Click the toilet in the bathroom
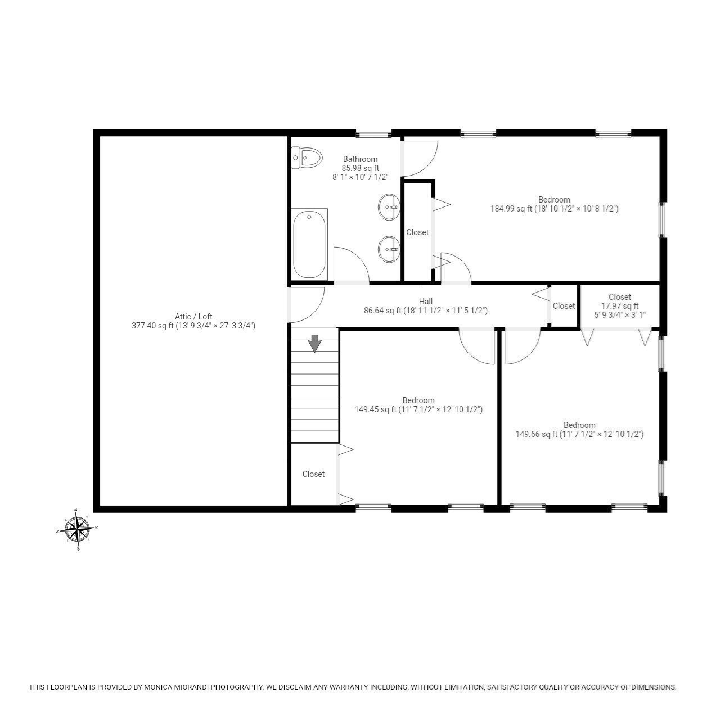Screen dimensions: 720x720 click(307, 158)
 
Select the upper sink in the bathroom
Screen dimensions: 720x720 click(389, 207)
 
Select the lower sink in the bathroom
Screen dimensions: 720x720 click(389, 249)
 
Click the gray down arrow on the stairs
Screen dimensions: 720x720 click(315, 343)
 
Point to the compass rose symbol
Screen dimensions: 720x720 click(78, 529)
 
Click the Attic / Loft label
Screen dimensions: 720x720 click(193, 317)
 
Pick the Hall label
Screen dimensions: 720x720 click(426, 301)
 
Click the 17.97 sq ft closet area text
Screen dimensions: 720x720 click(619, 306)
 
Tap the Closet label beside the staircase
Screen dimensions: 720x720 click(313, 474)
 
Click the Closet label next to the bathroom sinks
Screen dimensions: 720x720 click(417, 232)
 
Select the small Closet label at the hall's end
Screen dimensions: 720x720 click(564, 306)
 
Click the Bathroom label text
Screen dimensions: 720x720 click(361, 159)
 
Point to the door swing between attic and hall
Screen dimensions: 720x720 click(307, 304)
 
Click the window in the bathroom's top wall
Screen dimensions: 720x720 click(374, 134)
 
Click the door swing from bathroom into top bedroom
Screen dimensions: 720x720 click(419, 157)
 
